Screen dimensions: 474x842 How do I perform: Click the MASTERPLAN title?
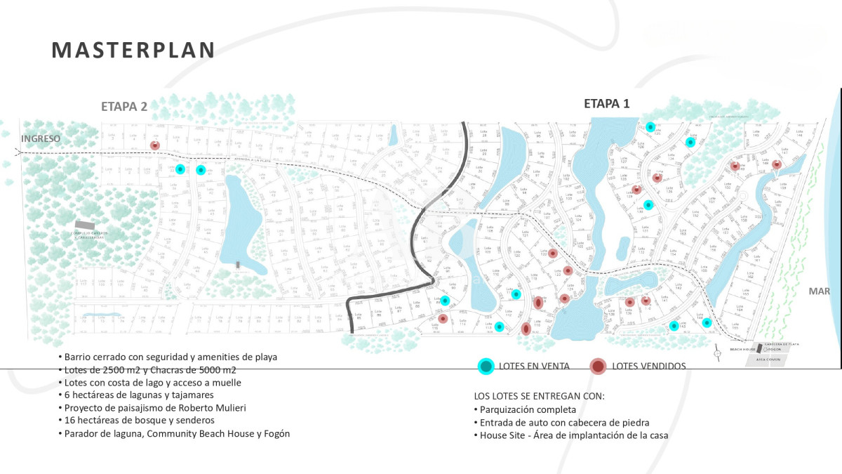pyautogui.click(x=133, y=50)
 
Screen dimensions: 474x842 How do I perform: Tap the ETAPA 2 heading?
pyautogui.click(x=124, y=107)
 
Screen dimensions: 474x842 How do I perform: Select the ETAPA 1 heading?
pyautogui.click(x=607, y=104)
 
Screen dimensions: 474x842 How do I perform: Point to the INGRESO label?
pyautogui.click(x=41, y=138)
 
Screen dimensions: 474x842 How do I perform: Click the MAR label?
pyautogui.click(x=819, y=291)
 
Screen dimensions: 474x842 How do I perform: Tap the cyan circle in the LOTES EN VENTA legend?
pyautogui.click(x=486, y=366)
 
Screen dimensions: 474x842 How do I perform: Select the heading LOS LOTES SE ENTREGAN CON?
pyautogui.click(x=539, y=396)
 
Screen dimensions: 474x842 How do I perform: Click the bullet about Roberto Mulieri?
pyautogui.click(x=155, y=408)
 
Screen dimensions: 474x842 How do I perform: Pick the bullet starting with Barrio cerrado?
pyautogui.click(x=168, y=357)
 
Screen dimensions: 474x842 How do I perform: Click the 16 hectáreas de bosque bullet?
pyautogui.click(x=140, y=421)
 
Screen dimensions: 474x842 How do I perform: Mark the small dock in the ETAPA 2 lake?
pyautogui.click(x=239, y=265)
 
